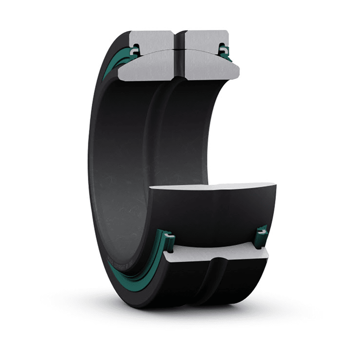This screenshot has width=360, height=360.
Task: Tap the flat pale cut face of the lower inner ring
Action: click(x=211, y=186)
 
